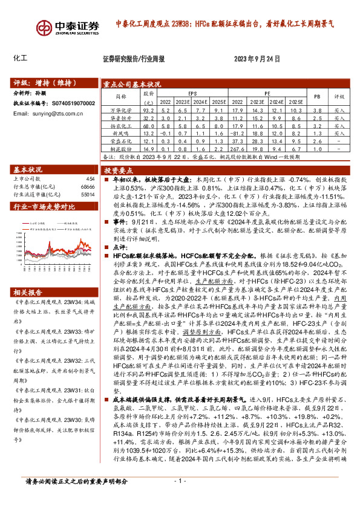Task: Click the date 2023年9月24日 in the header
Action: (257, 59)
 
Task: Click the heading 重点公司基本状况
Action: (132, 85)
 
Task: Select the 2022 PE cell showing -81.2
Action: (237, 132)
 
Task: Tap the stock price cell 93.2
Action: (149, 111)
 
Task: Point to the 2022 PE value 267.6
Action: (237, 148)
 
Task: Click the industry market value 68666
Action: (88, 187)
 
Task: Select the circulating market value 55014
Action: (88, 195)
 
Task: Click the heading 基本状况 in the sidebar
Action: (28, 170)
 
